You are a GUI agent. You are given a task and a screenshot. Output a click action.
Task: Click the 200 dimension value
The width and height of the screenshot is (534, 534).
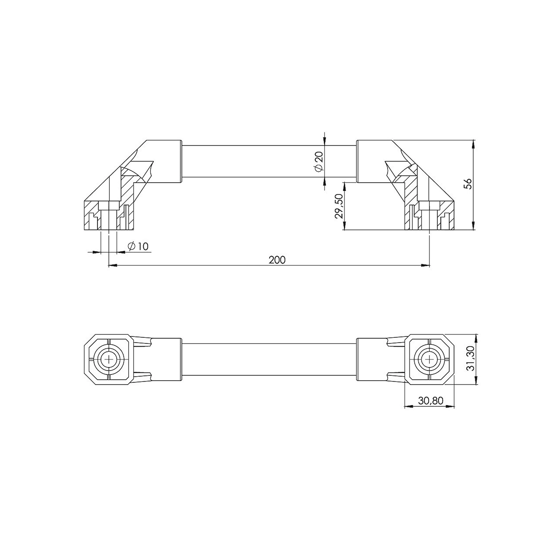click(277, 260)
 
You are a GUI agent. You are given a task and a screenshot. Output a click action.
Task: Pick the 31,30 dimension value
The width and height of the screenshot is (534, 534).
click(470, 359)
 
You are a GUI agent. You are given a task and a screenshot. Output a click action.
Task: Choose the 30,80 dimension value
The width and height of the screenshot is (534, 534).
click(430, 400)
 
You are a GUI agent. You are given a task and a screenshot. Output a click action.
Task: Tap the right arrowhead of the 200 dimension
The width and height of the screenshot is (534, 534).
click(425, 265)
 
